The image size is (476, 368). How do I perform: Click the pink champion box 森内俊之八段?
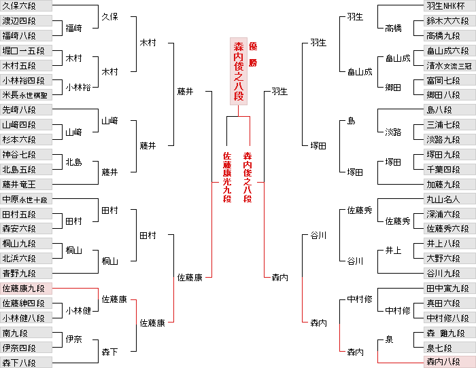click(x=239, y=71)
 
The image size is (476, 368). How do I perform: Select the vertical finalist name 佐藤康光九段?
click(x=227, y=177)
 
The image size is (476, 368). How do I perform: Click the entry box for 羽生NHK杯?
click(x=448, y=6)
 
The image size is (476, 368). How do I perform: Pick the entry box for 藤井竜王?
click(x=26, y=184)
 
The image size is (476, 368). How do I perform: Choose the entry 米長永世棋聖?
click(x=26, y=95)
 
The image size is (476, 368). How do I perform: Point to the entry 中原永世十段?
click(x=26, y=200)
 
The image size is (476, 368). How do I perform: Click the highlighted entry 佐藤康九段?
click(x=26, y=289)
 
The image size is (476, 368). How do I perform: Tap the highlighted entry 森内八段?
click(x=448, y=362)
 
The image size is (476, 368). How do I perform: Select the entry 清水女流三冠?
click(x=448, y=66)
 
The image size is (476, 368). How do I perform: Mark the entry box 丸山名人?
click(x=448, y=200)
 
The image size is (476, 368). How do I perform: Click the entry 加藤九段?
click(x=448, y=184)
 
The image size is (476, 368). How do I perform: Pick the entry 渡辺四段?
click(x=26, y=21)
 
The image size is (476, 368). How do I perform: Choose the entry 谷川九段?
click(x=448, y=273)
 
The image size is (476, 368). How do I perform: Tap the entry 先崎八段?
click(x=26, y=110)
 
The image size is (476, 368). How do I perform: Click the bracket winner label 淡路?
click(x=393, y=132)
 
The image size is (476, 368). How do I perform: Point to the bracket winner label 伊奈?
click(x=73, y=339)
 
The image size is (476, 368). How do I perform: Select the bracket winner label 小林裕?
click(x=77, y=88)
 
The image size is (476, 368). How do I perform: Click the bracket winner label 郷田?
click(x=393, y=88)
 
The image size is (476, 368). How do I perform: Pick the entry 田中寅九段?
click(x=448, y=289)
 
